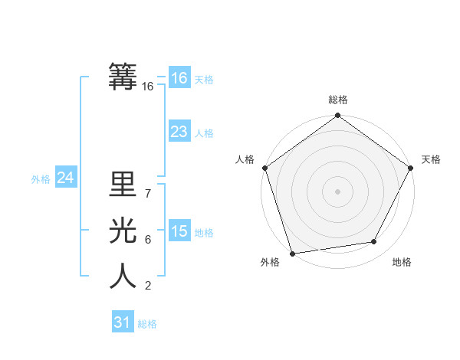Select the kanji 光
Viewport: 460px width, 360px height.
(123, 231)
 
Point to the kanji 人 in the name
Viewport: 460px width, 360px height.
(123, 277)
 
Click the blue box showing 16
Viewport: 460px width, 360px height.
(179, 78)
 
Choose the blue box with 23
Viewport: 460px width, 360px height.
(179, 132)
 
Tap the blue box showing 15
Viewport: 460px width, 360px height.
(179, 231)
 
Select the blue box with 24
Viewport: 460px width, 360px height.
(66, 178)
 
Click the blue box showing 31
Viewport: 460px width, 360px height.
(122, 322)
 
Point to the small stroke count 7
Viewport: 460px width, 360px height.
(148, 194)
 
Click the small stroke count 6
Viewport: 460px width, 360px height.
(148, 240)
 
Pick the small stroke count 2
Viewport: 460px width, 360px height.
(148, 286)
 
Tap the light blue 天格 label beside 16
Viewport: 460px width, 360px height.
(204, 80)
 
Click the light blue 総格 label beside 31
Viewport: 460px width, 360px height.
(147, 324)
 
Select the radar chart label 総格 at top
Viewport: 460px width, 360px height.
(337, 100)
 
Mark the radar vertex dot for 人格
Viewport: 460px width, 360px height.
(264, 168)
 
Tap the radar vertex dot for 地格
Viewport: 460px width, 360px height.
(374, 242)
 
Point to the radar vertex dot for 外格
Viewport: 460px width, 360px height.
(292, 253)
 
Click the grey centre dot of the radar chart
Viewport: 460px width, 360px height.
(337, 191)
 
